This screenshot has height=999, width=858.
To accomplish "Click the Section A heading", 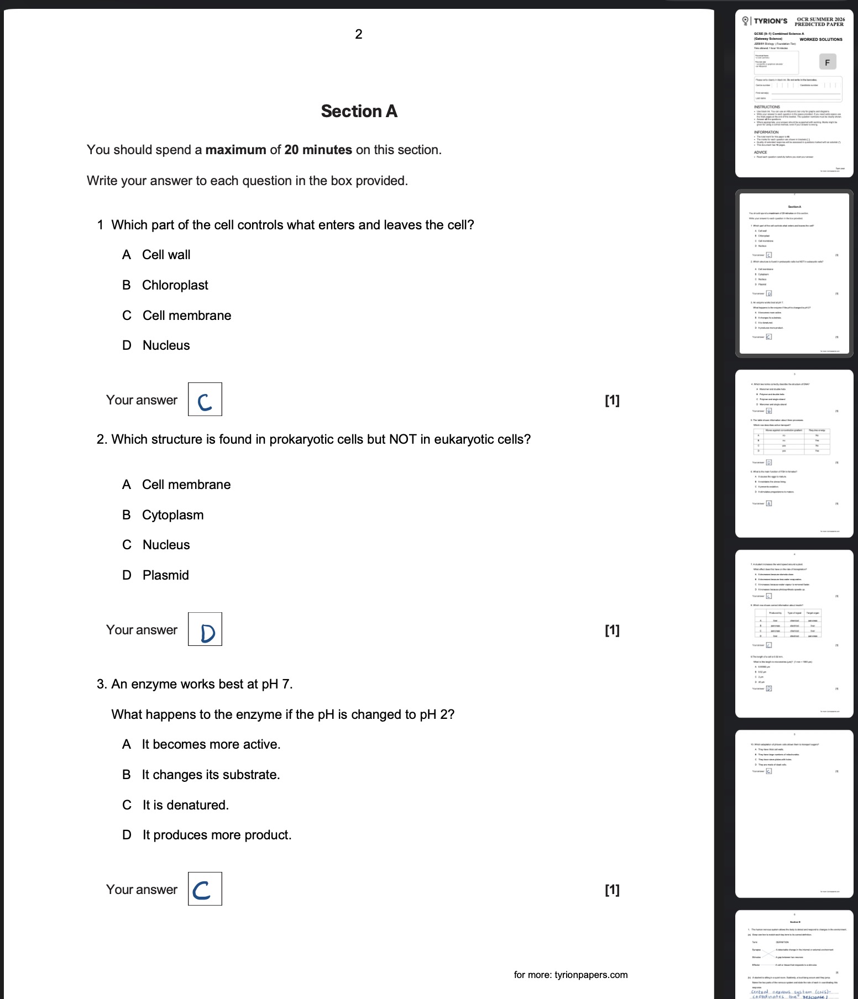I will (359, 112).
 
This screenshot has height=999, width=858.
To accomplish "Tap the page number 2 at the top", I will (358, 34).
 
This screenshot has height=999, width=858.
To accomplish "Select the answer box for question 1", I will (205, 399).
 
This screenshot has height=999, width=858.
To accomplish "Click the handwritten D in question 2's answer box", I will (207, 633).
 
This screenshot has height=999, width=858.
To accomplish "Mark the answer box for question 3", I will (205, 889).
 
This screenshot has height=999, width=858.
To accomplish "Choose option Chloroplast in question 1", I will (175, 285).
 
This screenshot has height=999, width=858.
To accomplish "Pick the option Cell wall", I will (166, 255).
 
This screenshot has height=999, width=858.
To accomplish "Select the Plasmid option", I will (165, 575).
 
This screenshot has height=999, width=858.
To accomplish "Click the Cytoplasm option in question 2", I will (172, 515).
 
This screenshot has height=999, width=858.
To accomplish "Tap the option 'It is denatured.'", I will (185, 805).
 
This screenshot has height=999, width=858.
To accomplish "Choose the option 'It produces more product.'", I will (217, 835).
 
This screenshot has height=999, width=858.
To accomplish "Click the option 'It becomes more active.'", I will (211, 744).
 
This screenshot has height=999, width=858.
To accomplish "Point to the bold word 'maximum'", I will (236, 150).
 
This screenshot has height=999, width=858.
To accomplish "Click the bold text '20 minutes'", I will (318, 150).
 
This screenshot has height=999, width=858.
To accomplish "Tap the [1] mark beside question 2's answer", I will (612, 630).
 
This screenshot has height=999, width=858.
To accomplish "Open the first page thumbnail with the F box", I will (794, 94).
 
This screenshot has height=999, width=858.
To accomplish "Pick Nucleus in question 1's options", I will (166, 345).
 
